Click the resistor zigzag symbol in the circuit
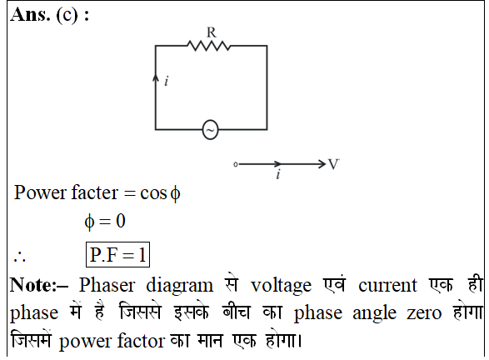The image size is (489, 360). point(208,46)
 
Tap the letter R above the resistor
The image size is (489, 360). point(211,32)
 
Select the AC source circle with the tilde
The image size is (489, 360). point(210,129)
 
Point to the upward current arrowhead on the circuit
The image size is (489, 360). point(156,78)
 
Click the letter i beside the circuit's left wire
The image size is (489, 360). point(167,81)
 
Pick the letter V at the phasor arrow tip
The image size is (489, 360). point(333,164)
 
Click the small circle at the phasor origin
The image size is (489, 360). point(236,164)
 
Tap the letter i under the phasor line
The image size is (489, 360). point(278,174)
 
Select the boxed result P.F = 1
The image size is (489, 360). point(117,254)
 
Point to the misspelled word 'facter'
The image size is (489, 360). point(95,192)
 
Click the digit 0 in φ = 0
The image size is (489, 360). point(121,221)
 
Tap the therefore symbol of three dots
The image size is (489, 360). point(19,257)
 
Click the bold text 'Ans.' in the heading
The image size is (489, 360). point(30,15)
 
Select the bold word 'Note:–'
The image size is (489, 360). point(38,285)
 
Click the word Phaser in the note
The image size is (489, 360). point(107,285)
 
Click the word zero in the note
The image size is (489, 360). point(424,313)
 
